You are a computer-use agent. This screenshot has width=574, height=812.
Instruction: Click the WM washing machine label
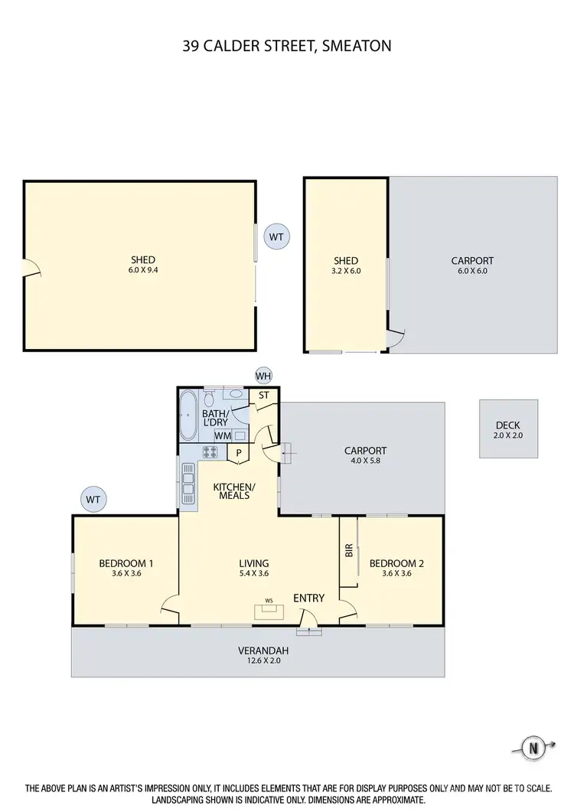point(223,436)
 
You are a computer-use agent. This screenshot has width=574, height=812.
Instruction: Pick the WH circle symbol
point(264,376)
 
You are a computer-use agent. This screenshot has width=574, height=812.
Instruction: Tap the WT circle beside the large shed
point(276,237)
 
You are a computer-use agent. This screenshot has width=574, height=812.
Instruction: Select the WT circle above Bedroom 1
point(93,500)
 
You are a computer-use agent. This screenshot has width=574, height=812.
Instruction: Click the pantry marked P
point(239,453)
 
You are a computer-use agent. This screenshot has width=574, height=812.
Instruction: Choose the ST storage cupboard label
point(264,396)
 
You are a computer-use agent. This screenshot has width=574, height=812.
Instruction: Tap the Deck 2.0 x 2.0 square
point(508,429)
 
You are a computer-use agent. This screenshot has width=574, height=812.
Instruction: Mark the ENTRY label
point(308,598)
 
